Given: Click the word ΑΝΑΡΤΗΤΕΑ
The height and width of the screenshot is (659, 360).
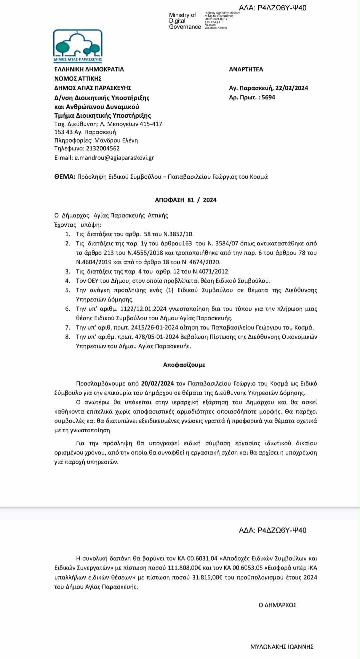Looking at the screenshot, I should (246, 69).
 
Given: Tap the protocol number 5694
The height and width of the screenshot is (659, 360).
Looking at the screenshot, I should (268, 97).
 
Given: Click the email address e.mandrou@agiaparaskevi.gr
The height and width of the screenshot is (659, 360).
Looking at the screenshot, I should (114, 158).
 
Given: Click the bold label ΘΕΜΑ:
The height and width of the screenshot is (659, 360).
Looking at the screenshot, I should (65, 177).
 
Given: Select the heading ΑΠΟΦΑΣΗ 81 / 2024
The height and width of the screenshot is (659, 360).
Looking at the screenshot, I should (186, 200).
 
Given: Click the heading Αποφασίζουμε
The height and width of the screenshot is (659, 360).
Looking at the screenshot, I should (184, 365).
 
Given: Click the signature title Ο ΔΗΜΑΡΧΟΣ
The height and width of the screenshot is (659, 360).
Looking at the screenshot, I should (277, 605).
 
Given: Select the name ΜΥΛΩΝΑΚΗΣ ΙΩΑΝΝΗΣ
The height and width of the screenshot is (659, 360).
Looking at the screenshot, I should (282, 647).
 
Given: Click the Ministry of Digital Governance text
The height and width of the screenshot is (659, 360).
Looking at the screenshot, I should (185, 21).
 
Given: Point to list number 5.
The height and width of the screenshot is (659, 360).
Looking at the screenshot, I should (68, 290).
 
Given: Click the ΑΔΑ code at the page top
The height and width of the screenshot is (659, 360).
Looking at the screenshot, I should (272, 8).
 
